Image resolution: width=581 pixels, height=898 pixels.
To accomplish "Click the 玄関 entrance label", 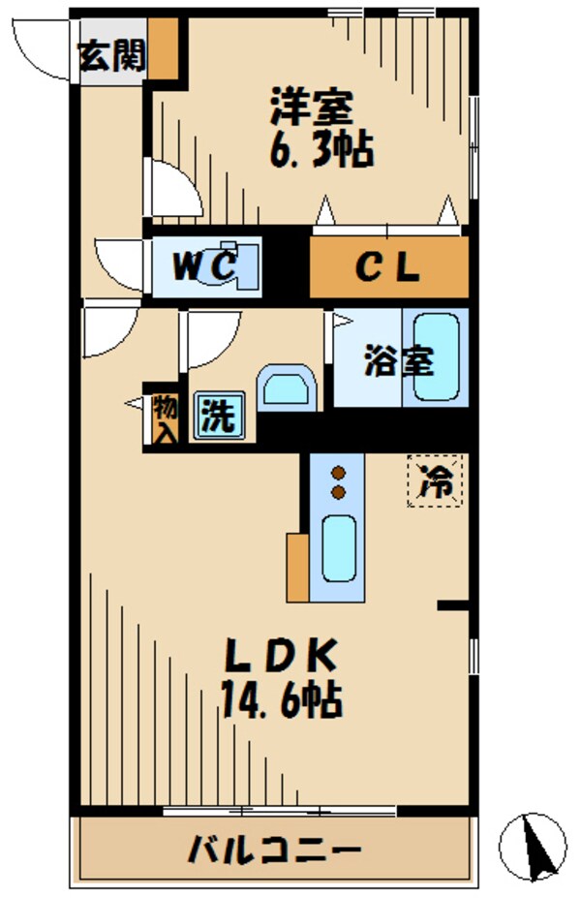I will [x=112, y=57].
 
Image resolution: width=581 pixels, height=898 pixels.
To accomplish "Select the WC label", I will [x=203, y=266].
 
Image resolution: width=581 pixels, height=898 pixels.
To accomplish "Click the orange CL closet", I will [x=389, y=267].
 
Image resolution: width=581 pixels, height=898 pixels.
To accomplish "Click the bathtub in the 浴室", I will [x=437, y=357].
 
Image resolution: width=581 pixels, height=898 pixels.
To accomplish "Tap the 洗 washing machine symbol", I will [x=218, y=417].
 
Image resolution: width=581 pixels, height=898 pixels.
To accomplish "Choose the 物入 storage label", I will [x=164, y=418].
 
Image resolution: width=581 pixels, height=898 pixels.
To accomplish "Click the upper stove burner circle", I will [x=339, y=473].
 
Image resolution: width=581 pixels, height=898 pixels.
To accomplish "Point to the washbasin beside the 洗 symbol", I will [x=287, y=388].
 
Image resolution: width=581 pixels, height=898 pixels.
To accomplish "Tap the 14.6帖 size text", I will [x=281, y=698].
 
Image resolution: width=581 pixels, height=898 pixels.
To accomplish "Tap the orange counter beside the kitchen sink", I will [x=297, y=566].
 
